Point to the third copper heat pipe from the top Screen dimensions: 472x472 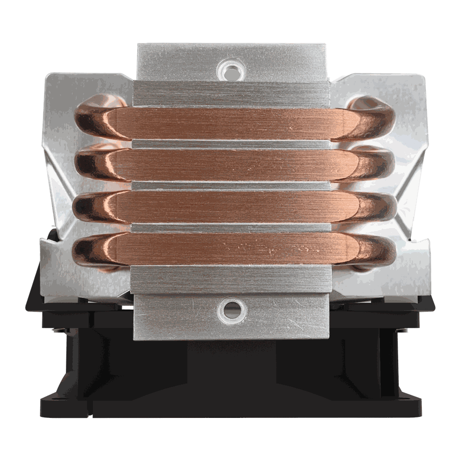pos(231,206)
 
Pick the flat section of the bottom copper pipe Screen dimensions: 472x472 pos(231,248)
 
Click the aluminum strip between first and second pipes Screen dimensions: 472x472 pos(231,144)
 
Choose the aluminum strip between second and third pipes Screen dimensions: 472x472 pos(231,185)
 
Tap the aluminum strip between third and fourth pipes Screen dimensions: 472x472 pos(231,228)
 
